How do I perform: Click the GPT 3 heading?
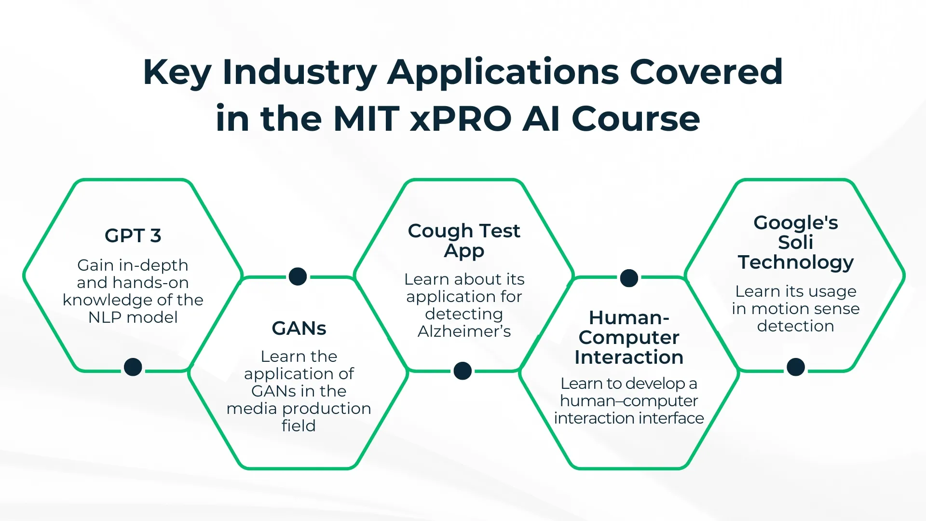133,235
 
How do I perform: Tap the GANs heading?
299,329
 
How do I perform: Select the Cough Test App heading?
463,240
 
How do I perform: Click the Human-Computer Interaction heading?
628,337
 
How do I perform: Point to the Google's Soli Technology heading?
795,242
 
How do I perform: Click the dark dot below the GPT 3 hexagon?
133,367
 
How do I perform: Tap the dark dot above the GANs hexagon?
298,276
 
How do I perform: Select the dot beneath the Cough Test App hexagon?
463,371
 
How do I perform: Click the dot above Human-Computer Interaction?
628,278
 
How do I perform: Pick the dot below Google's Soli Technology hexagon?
795,367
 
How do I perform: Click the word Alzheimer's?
464,331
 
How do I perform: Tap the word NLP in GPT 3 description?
104,317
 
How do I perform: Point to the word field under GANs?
299,426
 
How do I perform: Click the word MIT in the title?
365,119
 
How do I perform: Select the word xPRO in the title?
461,119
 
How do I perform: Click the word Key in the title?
177,73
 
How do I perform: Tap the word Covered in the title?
706,72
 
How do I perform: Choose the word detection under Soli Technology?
795,326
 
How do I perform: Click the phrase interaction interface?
628,418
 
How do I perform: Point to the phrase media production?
299,409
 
